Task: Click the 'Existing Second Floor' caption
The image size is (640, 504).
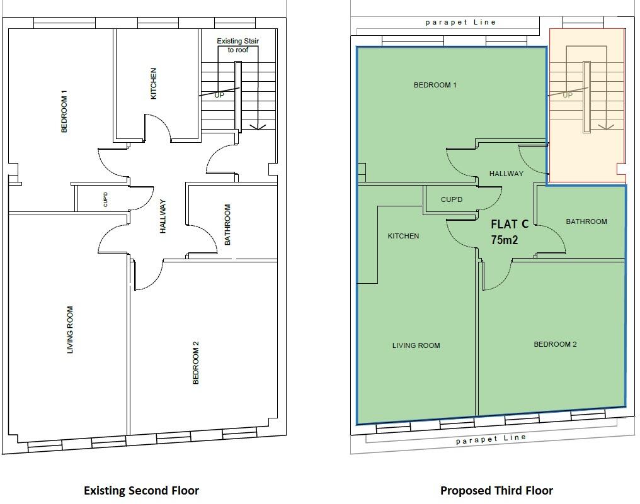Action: [141, 490]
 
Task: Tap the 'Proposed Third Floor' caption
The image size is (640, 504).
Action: [496, 490]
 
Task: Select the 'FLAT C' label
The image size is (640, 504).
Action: [510, 224]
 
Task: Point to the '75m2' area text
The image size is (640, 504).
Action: [505, 240]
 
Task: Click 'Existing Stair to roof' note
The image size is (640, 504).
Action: [238, 45]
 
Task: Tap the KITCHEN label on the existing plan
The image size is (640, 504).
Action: [153, 84]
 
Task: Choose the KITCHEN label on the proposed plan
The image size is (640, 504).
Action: [403, 236]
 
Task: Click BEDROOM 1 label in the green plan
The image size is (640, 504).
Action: [435, 85]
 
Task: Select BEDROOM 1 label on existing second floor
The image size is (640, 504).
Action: [64, 111]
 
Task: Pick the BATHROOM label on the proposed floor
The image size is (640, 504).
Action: [586, 221]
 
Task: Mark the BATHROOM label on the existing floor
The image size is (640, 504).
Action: [227, 224]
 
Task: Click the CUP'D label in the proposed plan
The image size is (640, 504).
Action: [452, 199]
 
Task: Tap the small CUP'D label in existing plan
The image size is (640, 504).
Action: [105, 199]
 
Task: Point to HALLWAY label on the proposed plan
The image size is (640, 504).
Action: [506, 174]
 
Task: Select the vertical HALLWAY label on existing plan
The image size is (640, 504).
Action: [163, 216]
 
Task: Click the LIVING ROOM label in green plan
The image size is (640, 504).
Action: [416, 345]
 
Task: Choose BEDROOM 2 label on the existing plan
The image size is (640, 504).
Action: [196, 362]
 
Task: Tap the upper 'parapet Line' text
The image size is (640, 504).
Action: [460, 23]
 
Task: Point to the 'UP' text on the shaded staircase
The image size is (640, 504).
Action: [567, 95]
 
